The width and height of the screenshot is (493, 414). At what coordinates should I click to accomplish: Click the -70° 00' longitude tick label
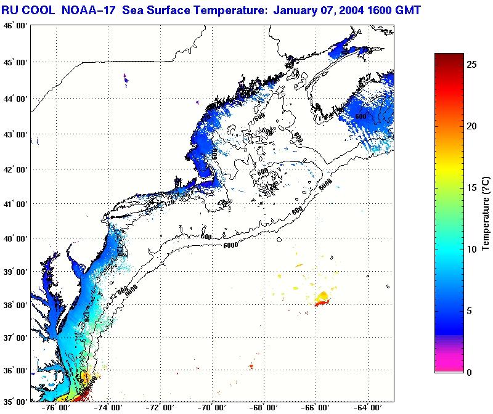214,407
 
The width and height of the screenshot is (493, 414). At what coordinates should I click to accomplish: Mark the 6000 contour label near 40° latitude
230,246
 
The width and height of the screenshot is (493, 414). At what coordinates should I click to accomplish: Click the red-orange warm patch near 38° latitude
322,299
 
